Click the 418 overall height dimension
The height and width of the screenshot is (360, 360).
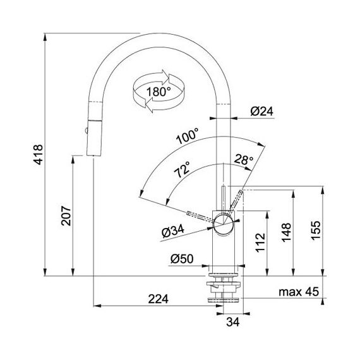click(39, 155)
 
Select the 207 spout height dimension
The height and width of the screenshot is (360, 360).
click(66, 216)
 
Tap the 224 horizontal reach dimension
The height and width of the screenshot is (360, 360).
click(158, 299)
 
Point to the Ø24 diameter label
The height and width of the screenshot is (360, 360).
click(261, 112)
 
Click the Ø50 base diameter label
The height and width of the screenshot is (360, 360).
click(182, 259)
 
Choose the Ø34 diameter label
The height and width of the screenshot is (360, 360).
click(173, 232)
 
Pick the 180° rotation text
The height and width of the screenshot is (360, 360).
click(159, 92)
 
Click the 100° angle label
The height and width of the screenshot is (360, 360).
click(188, 136)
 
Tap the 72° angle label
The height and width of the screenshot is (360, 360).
click(183, 170)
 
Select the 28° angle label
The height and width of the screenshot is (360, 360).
click(244, 159)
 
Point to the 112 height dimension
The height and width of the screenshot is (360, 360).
click(260, 243)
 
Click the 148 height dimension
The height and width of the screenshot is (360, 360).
click(286, 232)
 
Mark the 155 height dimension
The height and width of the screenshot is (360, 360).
click(315, 231)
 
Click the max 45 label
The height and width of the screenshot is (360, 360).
click(299, 292)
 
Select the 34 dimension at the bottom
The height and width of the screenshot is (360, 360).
click(233, 322)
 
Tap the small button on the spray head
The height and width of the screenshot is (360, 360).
click(86, 131)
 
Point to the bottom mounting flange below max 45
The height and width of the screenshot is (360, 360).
click(224, 299)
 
